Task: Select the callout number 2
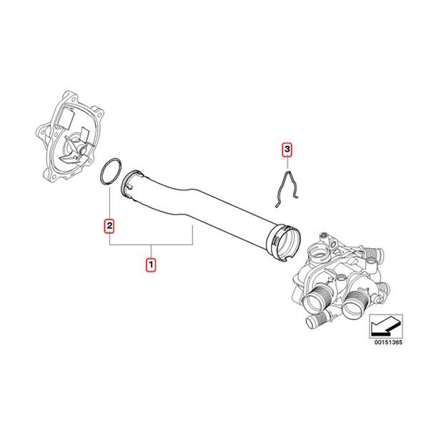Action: click(109, 226)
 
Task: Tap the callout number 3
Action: click(287, 149)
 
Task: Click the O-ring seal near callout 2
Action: click(109, 174)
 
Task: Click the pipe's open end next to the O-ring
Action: click(134, 183)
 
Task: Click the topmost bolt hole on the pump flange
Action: click(69, 93)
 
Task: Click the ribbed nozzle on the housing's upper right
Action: click(373, 253)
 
